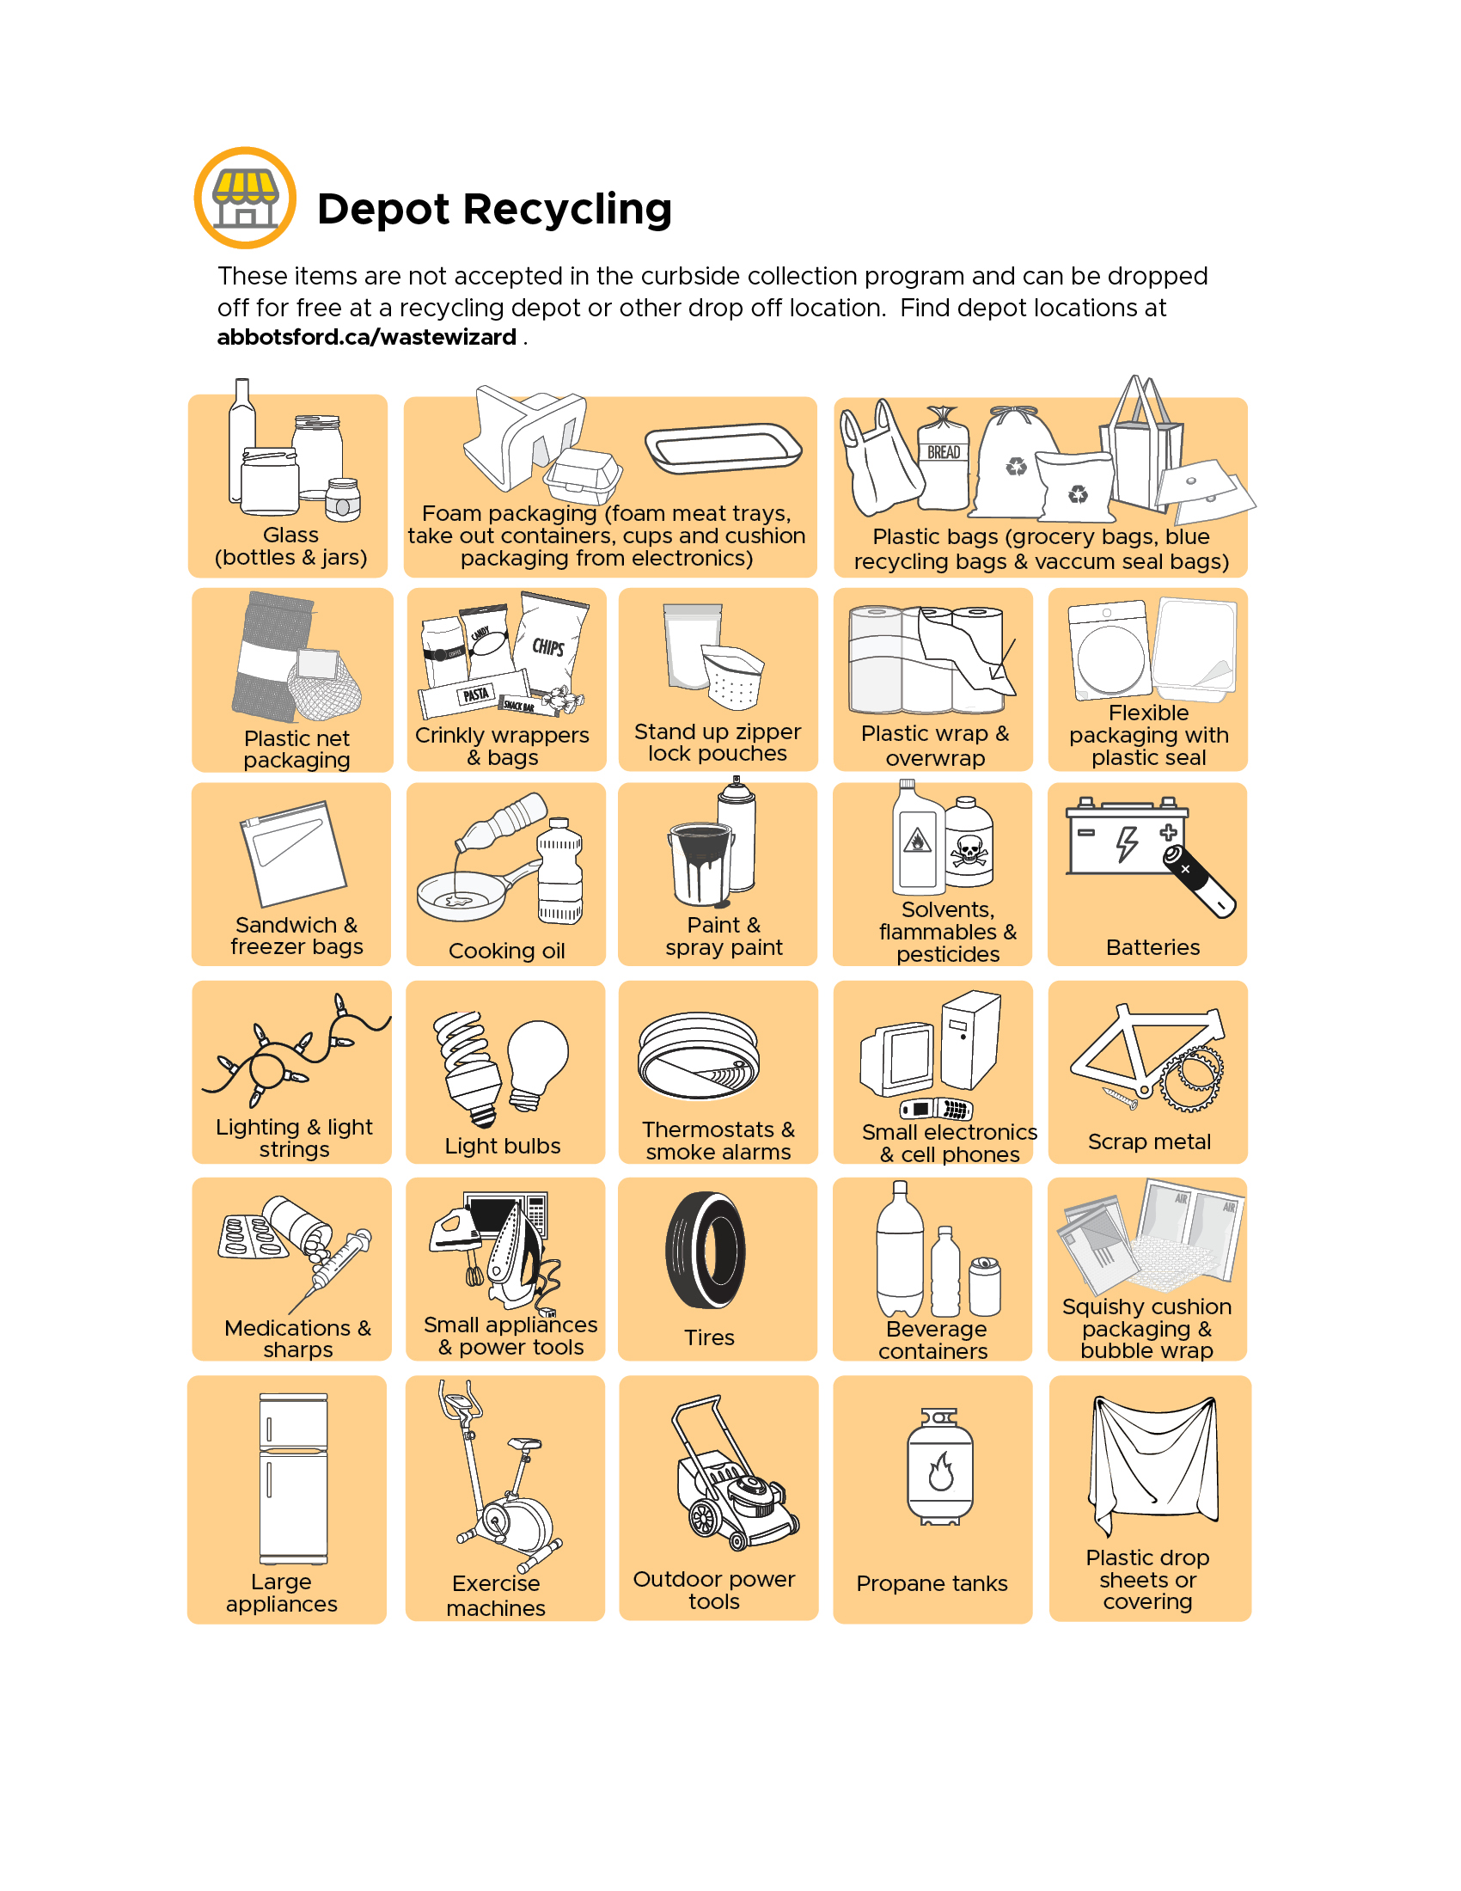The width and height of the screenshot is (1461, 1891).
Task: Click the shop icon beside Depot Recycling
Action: point(245,199)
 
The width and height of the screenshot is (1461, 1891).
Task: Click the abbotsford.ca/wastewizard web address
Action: point(366,337)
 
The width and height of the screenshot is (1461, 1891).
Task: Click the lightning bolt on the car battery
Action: point(1126,843)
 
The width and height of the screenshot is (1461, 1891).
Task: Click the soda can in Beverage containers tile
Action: point(984,1286)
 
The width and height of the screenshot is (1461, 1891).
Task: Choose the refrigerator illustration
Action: point(293,1478)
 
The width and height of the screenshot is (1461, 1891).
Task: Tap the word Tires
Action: point(709,1337)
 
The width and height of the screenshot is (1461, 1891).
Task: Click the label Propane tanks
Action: point(932,1583)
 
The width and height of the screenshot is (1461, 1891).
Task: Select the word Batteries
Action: point(1152,947)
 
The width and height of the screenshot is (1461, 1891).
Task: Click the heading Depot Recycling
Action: point(494,210)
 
